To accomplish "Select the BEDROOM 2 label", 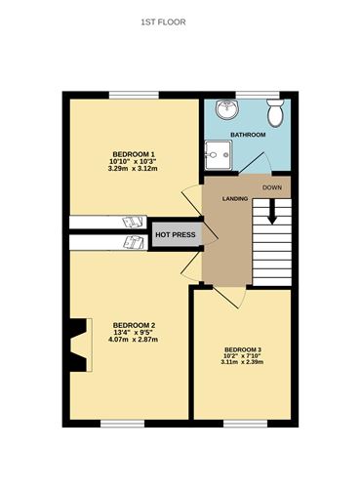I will click(x=134, y=325).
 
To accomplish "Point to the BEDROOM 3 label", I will click(x=243, y=349).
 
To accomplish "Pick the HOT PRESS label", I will click(x=175, y=235).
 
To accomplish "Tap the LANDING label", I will click(x=235, y=199).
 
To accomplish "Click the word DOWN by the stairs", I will click(x=272, y=186).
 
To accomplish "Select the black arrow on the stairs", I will click(x=272, y=210).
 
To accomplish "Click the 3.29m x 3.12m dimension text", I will click(x=133, y=170).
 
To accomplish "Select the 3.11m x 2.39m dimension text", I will click(x=243, y=363).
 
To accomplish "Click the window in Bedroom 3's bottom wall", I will click(x=243, y=423).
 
